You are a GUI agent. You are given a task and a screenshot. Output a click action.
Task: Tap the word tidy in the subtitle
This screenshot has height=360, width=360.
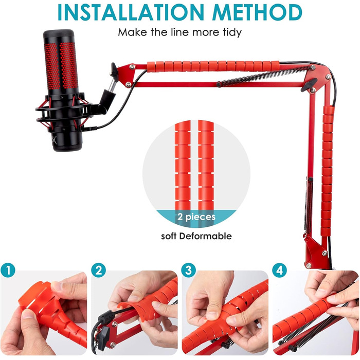point(232,32)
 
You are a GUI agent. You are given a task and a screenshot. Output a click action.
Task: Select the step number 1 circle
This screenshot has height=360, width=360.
point(8,270)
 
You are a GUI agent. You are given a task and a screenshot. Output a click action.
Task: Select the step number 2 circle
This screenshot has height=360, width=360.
point(99,270)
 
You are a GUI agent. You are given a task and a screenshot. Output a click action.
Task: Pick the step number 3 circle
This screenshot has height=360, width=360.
point(189,270)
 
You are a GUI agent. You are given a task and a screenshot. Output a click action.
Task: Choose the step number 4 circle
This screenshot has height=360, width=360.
point(280,270)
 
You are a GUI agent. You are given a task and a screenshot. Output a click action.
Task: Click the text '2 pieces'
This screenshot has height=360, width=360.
point(196,217)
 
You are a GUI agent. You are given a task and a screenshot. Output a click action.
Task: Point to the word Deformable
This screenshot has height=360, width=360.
point(206,236)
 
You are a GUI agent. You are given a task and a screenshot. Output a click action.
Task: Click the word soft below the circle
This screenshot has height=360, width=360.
point(169,236)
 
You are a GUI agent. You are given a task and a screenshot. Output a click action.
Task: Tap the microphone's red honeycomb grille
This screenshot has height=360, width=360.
point(61,66)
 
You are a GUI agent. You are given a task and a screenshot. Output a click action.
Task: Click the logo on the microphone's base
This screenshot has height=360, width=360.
point(54,139)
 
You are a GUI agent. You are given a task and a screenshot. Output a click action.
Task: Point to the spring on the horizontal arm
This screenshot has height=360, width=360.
point(264,75)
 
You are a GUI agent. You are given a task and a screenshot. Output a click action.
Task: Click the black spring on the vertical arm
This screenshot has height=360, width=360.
point(309,204)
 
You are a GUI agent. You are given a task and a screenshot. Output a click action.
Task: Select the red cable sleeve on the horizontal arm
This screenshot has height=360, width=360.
point(213,66)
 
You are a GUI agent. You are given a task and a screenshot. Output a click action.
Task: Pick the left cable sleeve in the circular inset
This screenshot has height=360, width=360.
point(183,166)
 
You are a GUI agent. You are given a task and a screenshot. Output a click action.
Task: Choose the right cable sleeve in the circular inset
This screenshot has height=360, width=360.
point(206,166)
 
